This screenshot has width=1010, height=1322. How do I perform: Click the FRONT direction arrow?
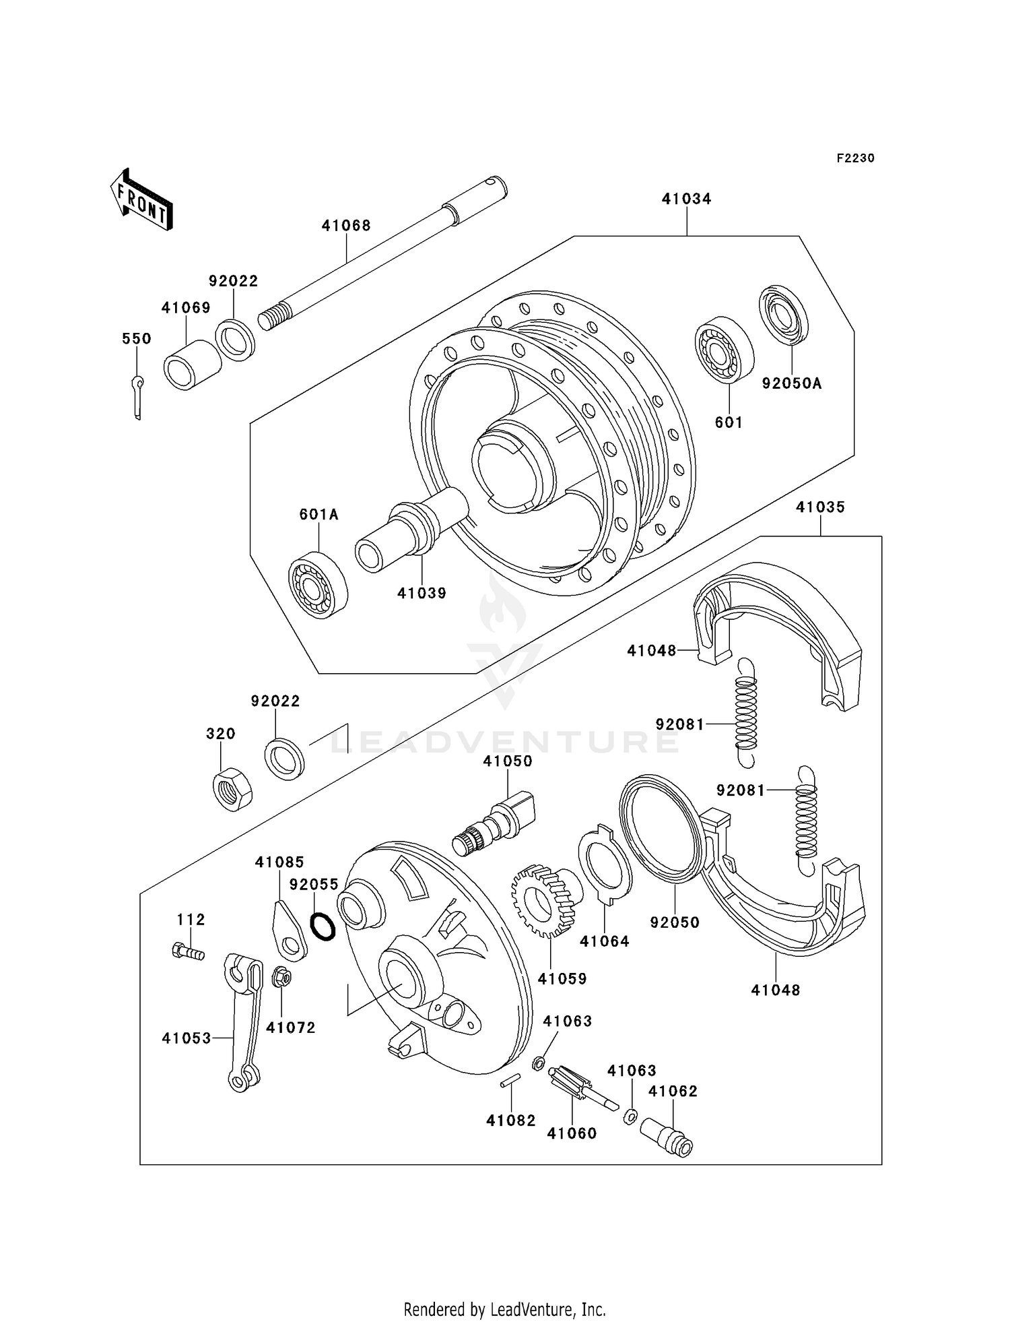coord(142,200)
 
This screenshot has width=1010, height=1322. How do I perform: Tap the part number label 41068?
coord(346,226)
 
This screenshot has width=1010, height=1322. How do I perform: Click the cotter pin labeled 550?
coord(137,397)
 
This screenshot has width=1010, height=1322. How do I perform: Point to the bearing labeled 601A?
coord(317,584)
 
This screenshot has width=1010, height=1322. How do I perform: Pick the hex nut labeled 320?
coord(232,788)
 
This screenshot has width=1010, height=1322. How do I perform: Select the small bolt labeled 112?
coord(188,952)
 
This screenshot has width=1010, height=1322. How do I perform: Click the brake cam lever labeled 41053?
coord(243,1019)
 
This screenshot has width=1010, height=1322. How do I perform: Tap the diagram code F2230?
coord(855,158)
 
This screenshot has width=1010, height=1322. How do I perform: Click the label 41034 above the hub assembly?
coord(686,199)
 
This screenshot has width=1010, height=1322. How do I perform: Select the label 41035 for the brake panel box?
coord(820,507)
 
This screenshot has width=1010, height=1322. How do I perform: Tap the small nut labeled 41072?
coord(281,976)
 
